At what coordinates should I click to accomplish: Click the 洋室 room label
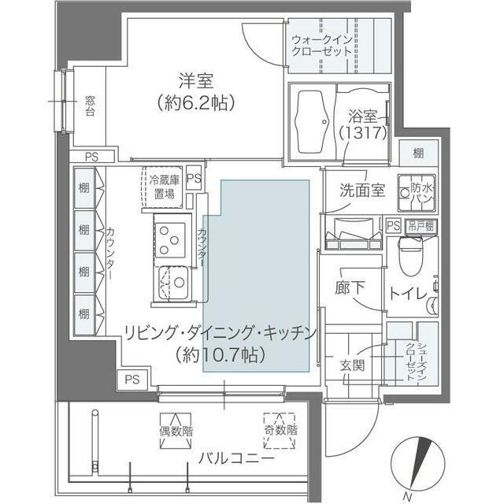tap(196, 80)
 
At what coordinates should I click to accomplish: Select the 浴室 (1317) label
tap(362, 124)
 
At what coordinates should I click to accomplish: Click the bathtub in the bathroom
tap(313, 124)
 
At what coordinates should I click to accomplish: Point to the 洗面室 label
tap(361, 191)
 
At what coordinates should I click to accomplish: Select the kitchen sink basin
tap(172, 282)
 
